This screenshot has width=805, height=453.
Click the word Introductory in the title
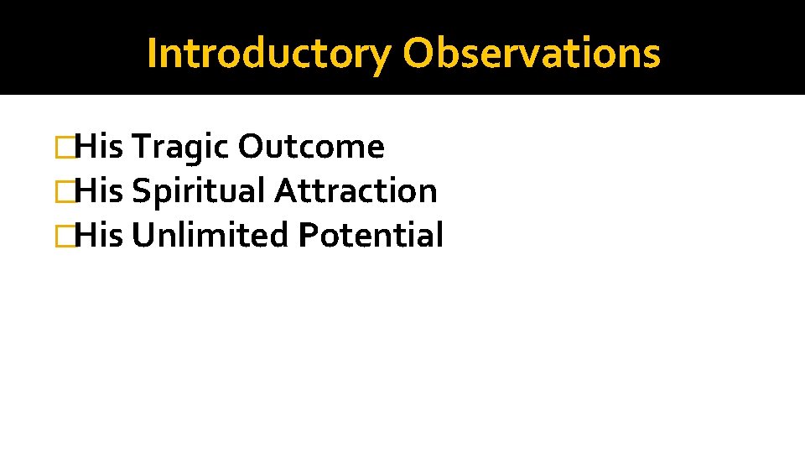(268, 54)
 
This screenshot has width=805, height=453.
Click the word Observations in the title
(531, 54)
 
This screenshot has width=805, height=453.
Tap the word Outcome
(311, 148)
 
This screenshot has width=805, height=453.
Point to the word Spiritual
(199, 191)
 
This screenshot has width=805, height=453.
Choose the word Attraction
(356, 191)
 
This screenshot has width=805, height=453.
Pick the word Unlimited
(210, 235)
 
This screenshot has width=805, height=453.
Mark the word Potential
(370, 235)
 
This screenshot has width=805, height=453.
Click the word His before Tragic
(99, 148)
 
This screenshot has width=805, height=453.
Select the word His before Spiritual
(99, 191)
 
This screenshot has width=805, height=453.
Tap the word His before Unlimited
(99, 235)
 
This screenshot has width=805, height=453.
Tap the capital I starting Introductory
(152, 53)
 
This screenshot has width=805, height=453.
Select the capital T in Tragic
(140, 148)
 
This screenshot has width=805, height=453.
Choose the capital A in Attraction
(285, 191)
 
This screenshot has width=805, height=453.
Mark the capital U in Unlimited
(143, 235)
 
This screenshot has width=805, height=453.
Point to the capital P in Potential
(305, 235)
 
